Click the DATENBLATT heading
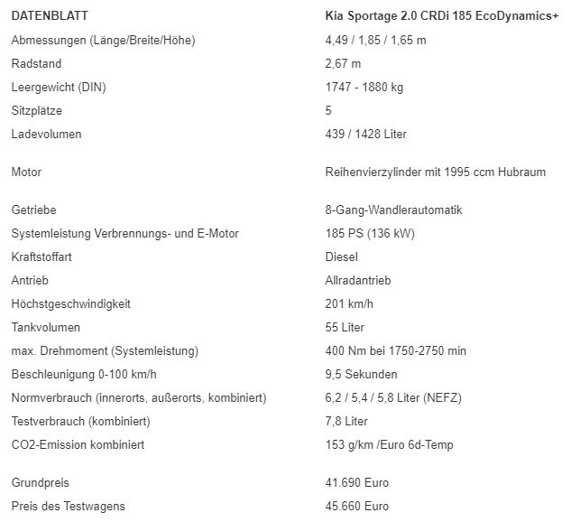tap(50, 16)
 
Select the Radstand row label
tap(36, 63)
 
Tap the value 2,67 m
tap(343, 63)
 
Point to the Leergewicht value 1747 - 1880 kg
tap(364, 87)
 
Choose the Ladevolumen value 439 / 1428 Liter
tap(365, 134)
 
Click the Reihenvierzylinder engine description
tap(435, 172)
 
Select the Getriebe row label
tap(34, 210)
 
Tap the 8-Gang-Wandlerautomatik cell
tap(393, 210)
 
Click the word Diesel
tap(341, 256)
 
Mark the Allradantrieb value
tap(358, 280)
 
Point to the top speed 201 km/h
tap(348, 303)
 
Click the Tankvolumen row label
tap(46, 327)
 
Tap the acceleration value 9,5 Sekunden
tap(361, 374)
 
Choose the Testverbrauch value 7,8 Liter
tap(346, 421)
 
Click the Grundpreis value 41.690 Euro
tap(356, 482)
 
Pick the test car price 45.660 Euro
tap(356, 506)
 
